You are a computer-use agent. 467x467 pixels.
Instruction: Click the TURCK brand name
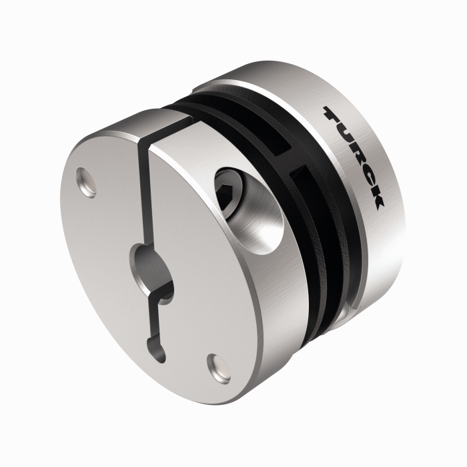[354, 157]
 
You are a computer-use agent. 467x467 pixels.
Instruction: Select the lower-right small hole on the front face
[217, 364]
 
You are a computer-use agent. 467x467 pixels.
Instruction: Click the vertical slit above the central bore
[143, 193]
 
